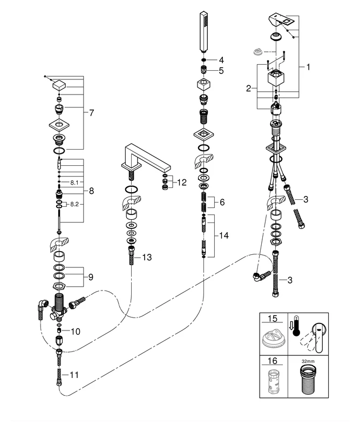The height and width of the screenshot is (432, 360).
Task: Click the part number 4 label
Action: (x=221, y=59)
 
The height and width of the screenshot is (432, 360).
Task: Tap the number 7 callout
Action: (x=91, y=113)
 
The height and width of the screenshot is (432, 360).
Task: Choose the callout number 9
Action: (x=91, y=277)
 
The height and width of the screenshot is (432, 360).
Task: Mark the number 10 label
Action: (x=75, y=331)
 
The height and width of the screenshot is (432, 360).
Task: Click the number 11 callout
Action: (x=74, y=374)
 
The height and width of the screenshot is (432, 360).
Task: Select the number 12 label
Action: (x=181, y=183)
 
